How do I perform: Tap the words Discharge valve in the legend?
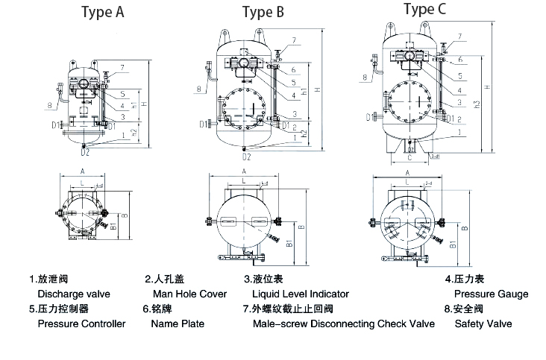tap(68, 294)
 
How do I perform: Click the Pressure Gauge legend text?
tap(491, 294)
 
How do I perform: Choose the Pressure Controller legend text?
tap(81, 323)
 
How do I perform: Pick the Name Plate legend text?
tap(178, 323)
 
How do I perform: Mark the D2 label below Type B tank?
tap(246, 157)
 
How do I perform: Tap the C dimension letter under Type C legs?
tap(409, 158)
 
